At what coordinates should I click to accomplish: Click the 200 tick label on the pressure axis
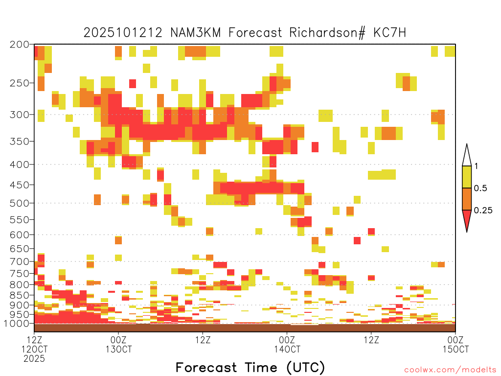(x=19, y=45)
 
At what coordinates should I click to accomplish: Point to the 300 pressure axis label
(x=19, y=115)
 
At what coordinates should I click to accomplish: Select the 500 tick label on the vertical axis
(x=19, y=203)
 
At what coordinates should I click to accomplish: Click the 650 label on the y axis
(x=19, y=248)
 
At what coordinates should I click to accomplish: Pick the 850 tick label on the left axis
(x=19, y=295)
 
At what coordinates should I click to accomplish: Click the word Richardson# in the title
(x=327, y=33)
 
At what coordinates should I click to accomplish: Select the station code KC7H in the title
(x=390, y=33)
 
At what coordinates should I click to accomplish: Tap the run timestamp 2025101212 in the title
(x=123, y=33)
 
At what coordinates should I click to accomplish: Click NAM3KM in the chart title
(x=196, y=33)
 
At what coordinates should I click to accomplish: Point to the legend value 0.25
(x=483, y=211)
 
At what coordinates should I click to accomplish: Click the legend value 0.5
(x=480, y=188)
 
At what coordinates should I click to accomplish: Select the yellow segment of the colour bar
(x=467, y=177)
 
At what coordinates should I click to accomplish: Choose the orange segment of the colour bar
(x=467, y=199)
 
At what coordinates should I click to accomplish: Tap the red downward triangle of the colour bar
(x=467, y=219)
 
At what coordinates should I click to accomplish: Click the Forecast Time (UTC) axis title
(x=250, y=368)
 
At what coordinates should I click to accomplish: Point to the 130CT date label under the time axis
(x=118, y=349)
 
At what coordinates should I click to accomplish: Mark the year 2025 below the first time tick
(x=34, y=358)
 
